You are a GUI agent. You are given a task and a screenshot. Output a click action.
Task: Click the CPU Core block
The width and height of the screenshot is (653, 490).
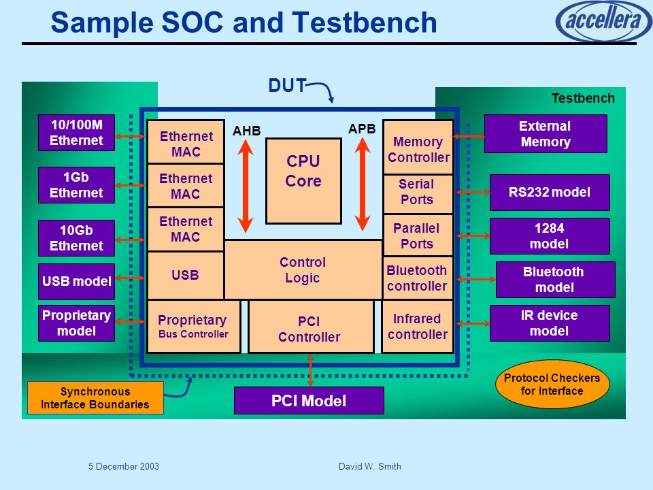coord(303,181)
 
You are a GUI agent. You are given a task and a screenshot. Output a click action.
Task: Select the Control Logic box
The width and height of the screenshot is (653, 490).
coord(303,269)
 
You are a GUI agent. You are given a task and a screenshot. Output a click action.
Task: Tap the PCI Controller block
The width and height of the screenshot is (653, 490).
coord(311,327)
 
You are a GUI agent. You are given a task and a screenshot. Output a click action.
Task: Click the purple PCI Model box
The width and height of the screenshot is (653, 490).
coord(309,400)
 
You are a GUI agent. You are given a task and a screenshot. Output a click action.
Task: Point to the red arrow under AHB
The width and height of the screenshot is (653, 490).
coord(246,185)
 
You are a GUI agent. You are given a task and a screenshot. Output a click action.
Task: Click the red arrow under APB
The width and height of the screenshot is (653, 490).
coord(363,184)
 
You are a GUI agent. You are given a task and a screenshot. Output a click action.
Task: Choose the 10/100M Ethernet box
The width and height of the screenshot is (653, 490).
coord(76,133)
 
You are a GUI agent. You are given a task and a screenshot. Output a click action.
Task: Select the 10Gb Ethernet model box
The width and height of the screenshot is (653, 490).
coord(76,238)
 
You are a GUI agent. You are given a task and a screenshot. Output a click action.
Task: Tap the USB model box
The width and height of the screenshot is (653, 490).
coord(76,281)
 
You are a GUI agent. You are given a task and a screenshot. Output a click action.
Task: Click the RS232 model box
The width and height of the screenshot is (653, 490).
coord(550,193)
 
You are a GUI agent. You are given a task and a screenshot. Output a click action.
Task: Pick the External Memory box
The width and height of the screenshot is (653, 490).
coord(546,134)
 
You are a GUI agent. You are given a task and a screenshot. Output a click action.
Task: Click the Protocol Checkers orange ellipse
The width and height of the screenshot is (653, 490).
coord(552,384)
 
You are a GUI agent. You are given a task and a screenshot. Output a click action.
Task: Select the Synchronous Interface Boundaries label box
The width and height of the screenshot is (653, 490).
coord(95,398)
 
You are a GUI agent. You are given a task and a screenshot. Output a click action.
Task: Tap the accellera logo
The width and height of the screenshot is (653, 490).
coord(603,20)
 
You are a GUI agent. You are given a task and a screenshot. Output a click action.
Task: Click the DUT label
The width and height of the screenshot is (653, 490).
coord(287,86)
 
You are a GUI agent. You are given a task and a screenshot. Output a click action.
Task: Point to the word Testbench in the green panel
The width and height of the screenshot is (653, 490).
coord(583,98)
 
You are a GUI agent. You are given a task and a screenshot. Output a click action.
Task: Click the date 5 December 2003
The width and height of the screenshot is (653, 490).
coord(124,466)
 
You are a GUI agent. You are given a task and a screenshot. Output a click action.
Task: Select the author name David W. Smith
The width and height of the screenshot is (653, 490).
coord(370,466)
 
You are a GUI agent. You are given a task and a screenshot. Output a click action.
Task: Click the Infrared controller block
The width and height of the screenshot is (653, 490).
coord(418,327)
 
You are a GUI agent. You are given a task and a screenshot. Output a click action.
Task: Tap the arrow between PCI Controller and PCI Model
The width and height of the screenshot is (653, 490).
coord(310,370)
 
